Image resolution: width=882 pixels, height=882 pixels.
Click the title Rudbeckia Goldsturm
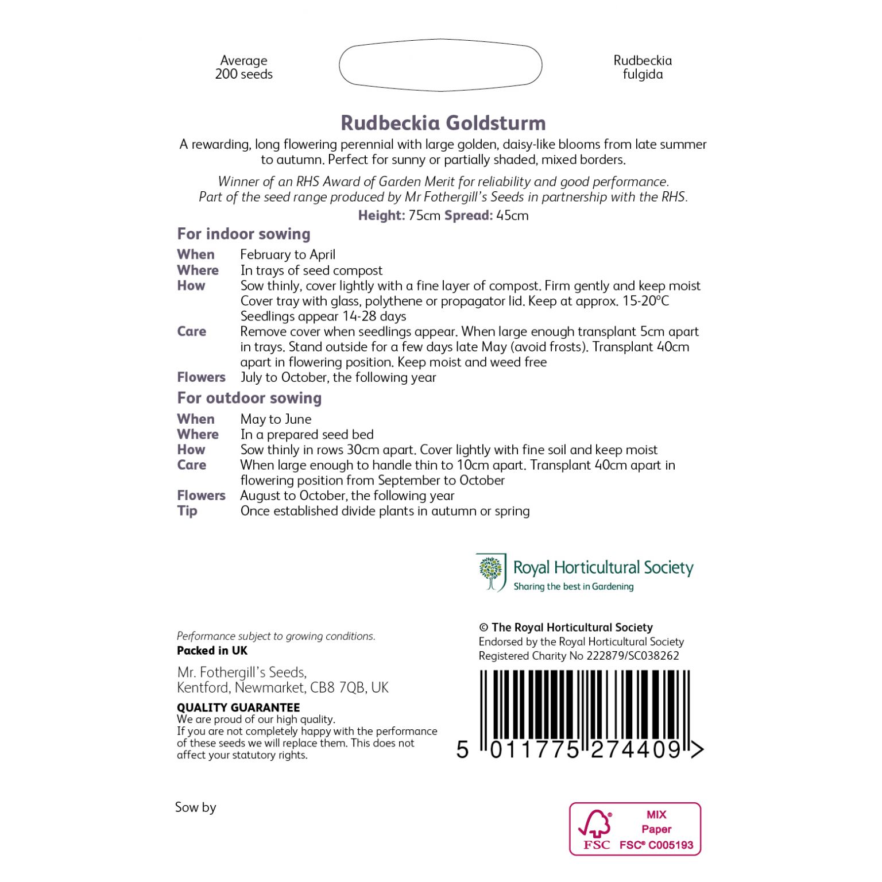pyautogui.click(x=443, y=123)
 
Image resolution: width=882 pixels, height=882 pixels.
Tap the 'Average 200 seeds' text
pyautogui.click(x=244, y=67)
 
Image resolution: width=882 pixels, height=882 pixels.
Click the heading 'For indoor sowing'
pyautogui.click(x=243, y=234)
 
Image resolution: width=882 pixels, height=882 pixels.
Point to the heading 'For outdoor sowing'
pyautogui.click(x=249, y=398)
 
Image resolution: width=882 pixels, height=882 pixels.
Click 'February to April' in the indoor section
pyautogui.click(x=288, y=254)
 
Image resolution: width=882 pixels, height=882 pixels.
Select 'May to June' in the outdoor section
pyautogui.click(x=276, y=419)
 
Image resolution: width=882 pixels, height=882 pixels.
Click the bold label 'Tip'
pyautogui.click(x=187, y=510)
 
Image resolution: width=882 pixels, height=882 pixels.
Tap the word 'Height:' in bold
pyautogui.click(x=382, y=215)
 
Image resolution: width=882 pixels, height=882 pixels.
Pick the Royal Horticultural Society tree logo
pyautogui.click(x=490, y=571)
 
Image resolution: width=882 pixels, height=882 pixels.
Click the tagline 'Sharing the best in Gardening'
pyautogui.click(x=573, y=586)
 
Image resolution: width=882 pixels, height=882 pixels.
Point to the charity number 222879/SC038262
pyautogui.click(x=632, y=656)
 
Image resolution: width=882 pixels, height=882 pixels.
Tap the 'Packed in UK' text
pyautogui.click(x=212, y=651)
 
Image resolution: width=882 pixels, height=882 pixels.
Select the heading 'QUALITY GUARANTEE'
pyautogui.click(x=238, y=707)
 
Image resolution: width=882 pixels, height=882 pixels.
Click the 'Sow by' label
pyautogui.click(x=195, y=807)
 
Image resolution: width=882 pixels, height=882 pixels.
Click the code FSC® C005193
pyautogui.click(x=656, y=845)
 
